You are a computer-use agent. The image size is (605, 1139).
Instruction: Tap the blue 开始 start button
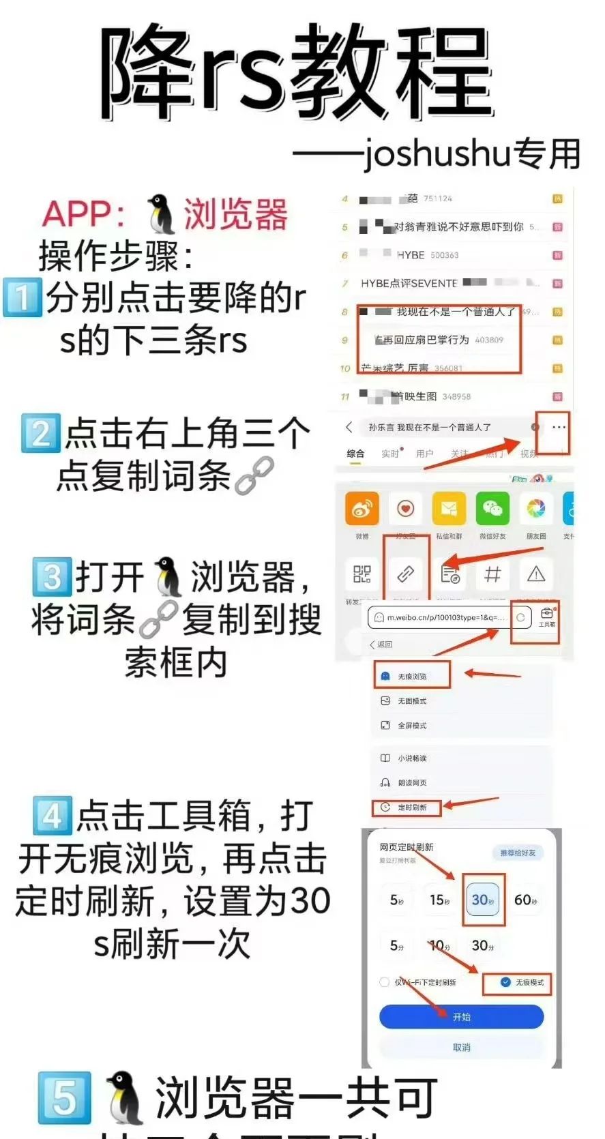[461, 1016]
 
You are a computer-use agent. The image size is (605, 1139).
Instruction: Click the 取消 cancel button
[461, 1047]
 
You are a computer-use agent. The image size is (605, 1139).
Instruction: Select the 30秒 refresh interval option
[483, 900]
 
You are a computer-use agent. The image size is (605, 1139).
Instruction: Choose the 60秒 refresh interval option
[525, 900]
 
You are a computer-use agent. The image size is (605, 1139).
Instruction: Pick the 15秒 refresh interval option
[440, 900]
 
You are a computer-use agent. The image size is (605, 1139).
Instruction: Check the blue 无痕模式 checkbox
[505, 982]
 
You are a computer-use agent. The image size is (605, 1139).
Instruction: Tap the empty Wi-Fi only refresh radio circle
[385, 982]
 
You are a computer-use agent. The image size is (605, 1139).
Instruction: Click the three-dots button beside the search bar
[559, 428]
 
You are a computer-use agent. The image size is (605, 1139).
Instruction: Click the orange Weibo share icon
[361, 508]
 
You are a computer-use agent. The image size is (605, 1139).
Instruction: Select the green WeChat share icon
[492, 508]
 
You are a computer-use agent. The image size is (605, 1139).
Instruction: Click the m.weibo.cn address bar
[443, 617]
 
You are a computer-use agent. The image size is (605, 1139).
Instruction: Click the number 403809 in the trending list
[489, 340]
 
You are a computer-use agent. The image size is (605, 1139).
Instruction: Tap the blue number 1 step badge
[22, 297]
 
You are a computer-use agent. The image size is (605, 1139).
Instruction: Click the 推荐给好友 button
[518, 853]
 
